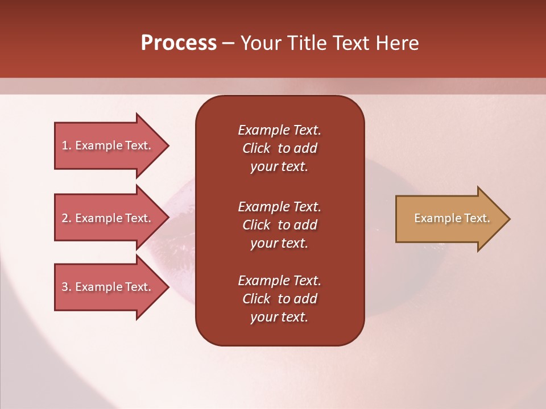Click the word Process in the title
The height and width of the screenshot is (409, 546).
click(x=179, y=43)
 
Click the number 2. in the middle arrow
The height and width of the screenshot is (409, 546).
click(x=66, y=218)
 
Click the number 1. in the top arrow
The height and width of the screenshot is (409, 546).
click(x=66, y=145)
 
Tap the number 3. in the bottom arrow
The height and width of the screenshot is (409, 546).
click(x=66, y=287)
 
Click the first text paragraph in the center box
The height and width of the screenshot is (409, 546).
click(x=279, y=148)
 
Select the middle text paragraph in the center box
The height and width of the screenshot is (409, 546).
click(x=279, y=225)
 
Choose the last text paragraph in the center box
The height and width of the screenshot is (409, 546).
click(x=279, y=299)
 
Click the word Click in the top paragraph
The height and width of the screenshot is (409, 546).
click(x=256, y=148)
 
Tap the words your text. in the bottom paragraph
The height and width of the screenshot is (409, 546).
click(x=279, y=317)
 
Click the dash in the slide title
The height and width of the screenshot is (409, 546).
click(x=228, y=43)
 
